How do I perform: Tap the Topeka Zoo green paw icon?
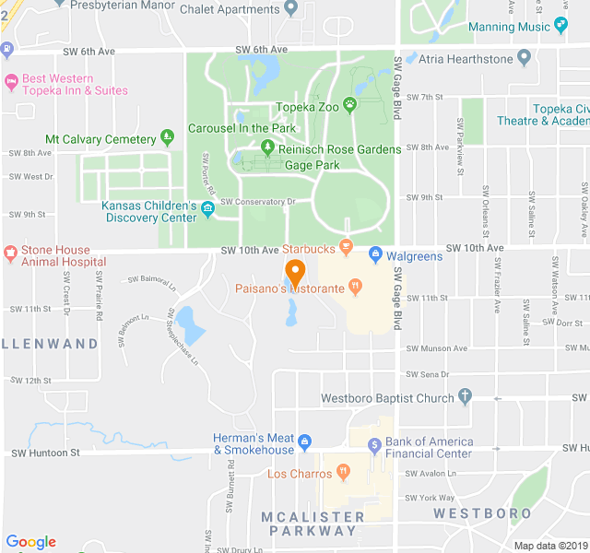[x=350, y=105]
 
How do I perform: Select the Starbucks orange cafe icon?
[x=346, y=247]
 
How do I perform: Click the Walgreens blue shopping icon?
[x=375, y=255]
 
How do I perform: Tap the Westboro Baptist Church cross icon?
[x=465, y=397]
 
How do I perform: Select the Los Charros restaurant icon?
[x=343, y=473]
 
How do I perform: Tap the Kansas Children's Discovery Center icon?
[x=207, y=211]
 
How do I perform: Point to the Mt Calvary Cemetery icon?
[x=167, y=138]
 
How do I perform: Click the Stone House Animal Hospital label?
[x=57, y=255]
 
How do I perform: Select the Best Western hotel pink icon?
[x=10, y=84]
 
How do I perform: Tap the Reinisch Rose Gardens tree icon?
[x=267, y=147]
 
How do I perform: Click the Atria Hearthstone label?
[x=465, y=59]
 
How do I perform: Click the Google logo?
[x=30, y=542]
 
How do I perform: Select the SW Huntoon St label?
[x=44, y=453]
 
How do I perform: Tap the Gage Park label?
[x=312, y=166]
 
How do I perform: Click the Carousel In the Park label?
[x=242, y=128]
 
